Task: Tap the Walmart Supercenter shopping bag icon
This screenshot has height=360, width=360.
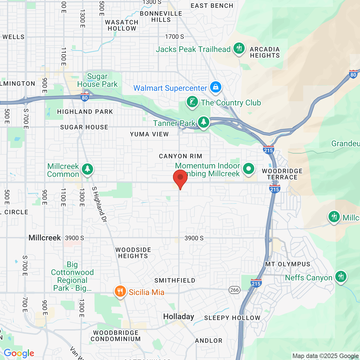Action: pyautogui.click(x=215, y=87)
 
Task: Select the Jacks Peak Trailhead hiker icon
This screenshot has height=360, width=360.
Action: pyautogui.click(x=239, y=48)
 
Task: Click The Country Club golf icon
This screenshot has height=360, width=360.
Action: pyautogui.click(x=192, y=102)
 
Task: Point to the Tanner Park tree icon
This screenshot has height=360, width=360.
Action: pyautogui.click(x=203, y=122)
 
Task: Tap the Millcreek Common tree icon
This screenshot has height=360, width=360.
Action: pyautogui.click(x=87, y=169)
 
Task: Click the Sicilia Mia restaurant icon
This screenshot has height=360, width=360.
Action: pyautogui.click(x=120, y=291)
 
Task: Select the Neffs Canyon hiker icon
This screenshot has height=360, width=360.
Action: pyautogui.click(x=341, y=277)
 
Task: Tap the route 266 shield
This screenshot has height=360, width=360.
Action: pyautogui.click(x=234, y=290)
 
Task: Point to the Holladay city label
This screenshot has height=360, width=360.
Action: pyautogui.click(x=179, y=317)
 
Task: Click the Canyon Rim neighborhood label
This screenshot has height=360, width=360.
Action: pyautogui.click(x=180, y=156)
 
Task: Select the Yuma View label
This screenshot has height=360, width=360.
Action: pyautogui.click(x=149, y=134)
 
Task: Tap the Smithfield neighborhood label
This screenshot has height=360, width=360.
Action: pyautogui.click(x=175, y=280)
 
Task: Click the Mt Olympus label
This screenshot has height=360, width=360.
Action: pyautogui.click(x=288, y=264)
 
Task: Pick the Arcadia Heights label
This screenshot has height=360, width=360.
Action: pyautogui.click(x=265, y=52)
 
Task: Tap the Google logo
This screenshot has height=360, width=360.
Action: pyautogui.click(x=19, y=353)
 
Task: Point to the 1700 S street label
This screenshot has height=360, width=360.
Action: pyautogui.click(x=174, y=37)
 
